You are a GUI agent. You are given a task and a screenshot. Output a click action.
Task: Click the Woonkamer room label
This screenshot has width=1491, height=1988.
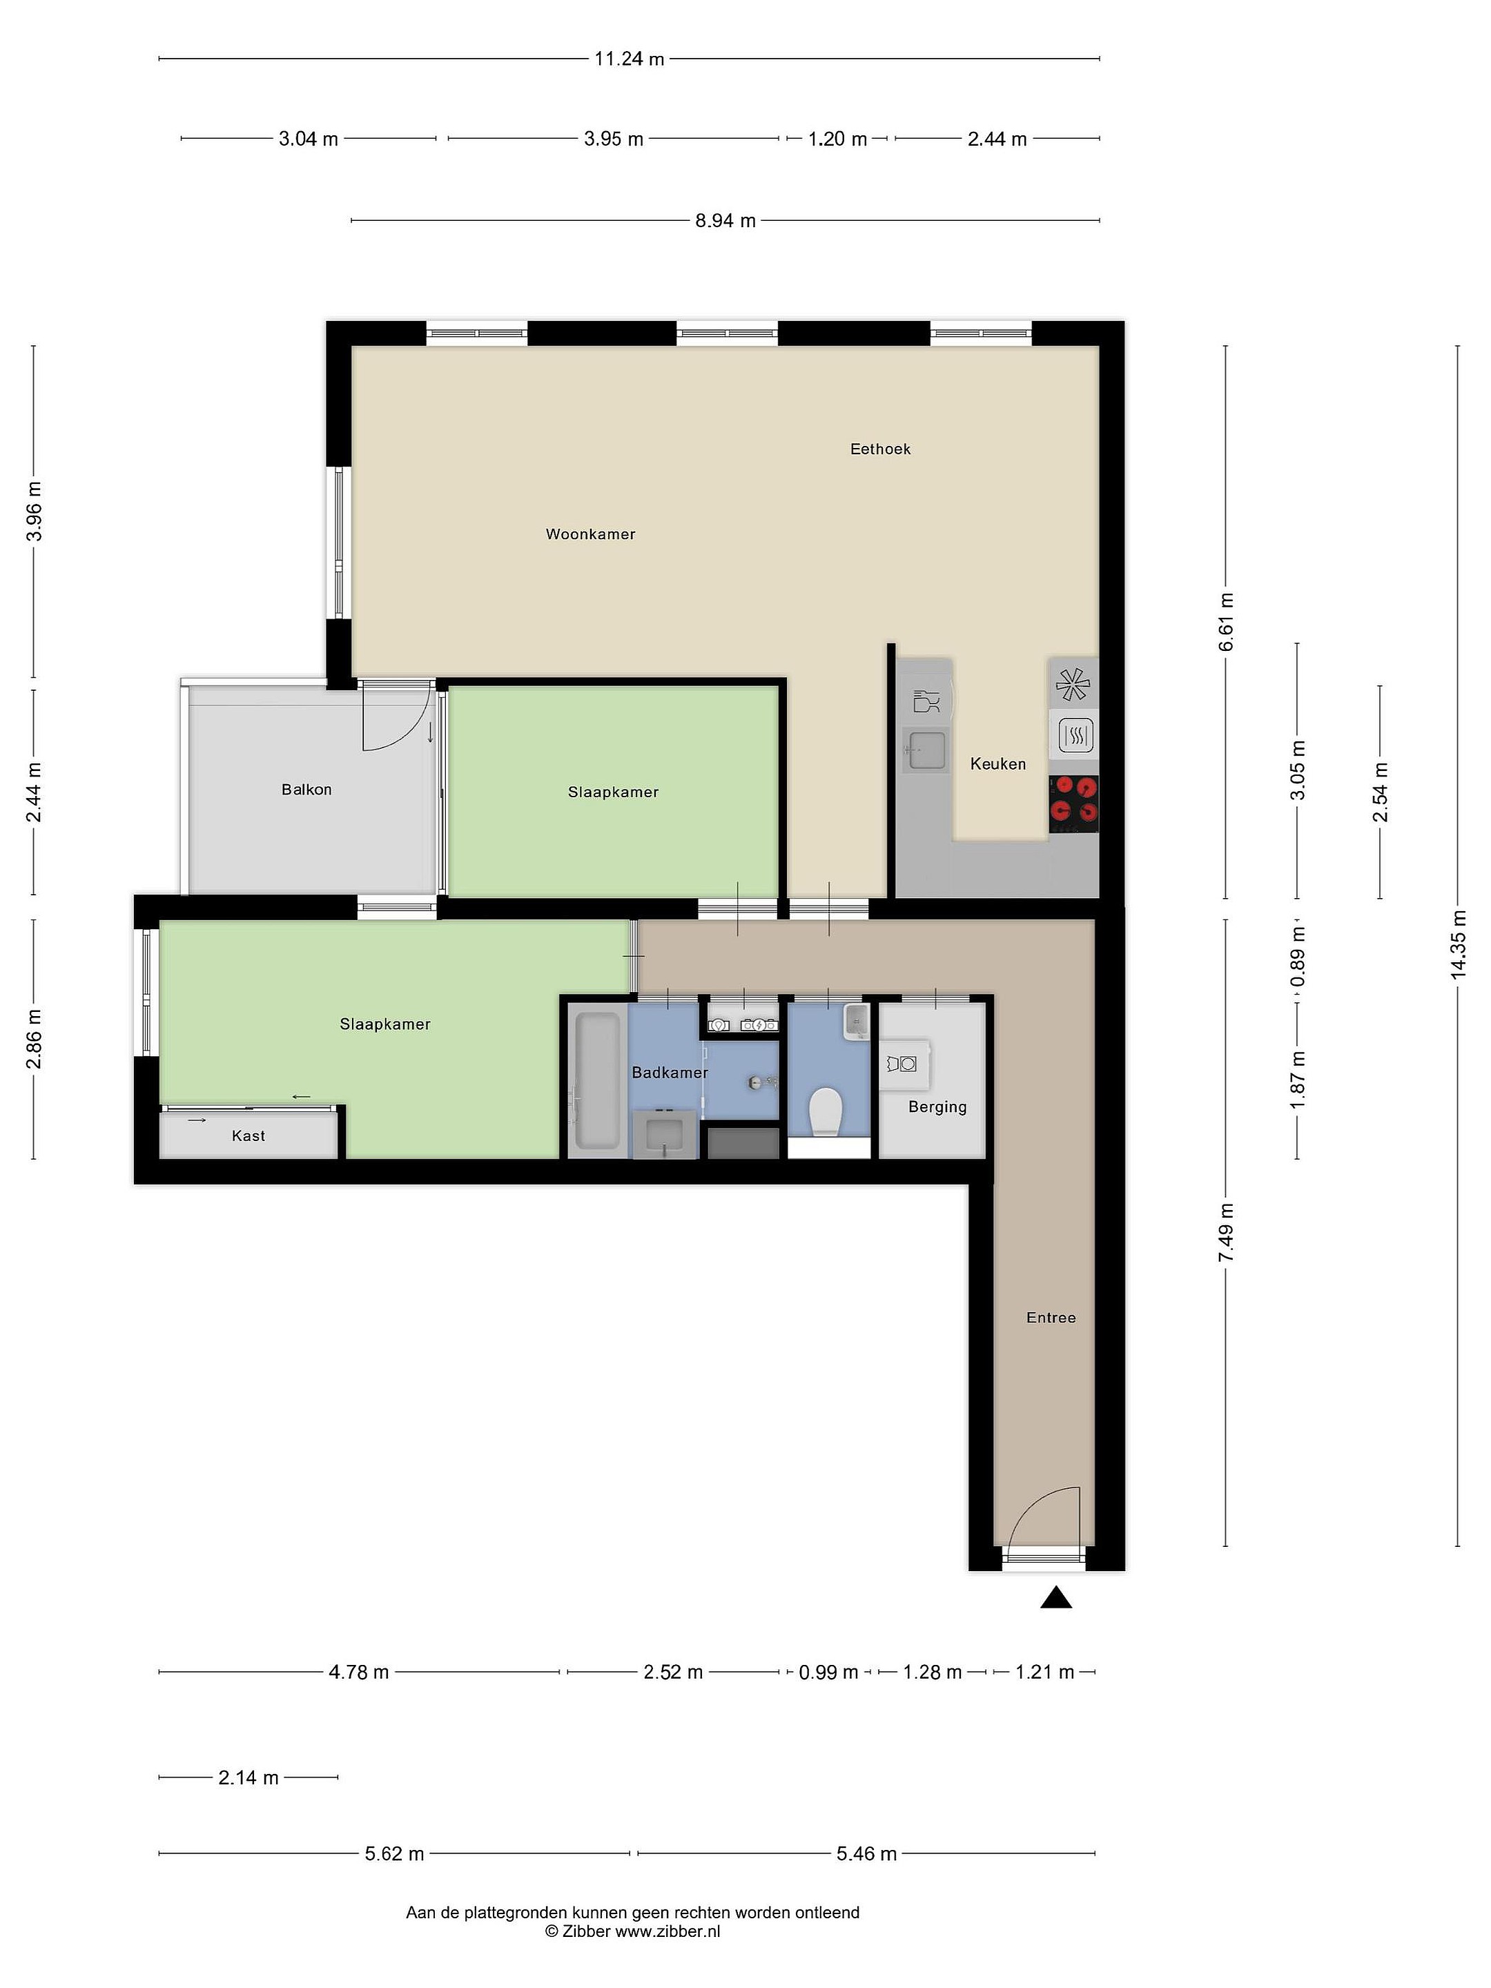590,534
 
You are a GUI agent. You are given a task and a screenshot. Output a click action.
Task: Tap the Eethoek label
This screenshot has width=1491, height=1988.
880,449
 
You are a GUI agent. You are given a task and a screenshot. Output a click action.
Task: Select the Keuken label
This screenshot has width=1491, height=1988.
997,764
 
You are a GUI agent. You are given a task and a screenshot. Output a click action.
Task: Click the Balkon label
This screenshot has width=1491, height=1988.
306,789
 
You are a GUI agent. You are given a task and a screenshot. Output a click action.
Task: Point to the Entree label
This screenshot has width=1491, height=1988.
1051,1318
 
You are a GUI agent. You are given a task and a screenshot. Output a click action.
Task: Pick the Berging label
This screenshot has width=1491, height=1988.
937,1107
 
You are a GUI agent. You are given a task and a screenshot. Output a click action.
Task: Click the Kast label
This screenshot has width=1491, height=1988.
248,1136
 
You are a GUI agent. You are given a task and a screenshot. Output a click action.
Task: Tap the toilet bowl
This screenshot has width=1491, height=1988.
824,1112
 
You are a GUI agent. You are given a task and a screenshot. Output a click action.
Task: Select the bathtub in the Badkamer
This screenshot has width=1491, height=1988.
596,1080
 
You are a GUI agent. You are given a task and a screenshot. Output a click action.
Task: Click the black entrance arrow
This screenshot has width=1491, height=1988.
1056,1597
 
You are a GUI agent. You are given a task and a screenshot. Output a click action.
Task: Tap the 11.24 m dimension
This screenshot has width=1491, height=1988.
629,59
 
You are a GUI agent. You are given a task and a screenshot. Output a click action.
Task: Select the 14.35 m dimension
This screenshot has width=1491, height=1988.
1458,944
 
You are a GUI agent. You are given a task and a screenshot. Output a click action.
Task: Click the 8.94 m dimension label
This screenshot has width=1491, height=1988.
725,220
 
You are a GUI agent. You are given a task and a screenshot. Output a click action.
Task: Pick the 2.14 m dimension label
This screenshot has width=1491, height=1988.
248,1777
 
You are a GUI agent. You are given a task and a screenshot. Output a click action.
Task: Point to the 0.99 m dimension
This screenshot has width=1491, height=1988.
828,1673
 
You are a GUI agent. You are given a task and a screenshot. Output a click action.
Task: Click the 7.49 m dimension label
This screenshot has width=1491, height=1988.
1226,1232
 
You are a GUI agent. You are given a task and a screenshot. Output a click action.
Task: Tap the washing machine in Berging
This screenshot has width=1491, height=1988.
902,1064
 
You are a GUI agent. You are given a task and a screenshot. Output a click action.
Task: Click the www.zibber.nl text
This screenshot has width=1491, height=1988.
667,1931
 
